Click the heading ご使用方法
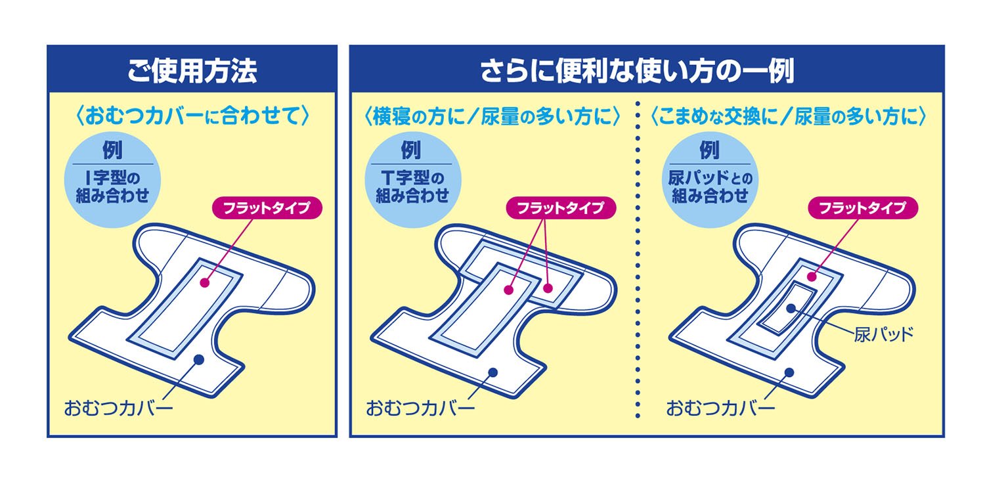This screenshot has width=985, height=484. coord(192,70)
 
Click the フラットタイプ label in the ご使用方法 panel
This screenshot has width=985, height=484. coord(267,208)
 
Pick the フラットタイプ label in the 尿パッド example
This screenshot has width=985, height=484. coord(861,208)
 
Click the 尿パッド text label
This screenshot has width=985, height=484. coord(884,334)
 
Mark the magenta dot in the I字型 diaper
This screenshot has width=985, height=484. coord(204,283)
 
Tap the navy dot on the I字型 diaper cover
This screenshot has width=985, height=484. coord(198,359)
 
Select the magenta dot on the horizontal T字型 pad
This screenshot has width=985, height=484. coord(549,288)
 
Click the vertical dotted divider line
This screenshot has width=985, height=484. coord(638,263)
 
